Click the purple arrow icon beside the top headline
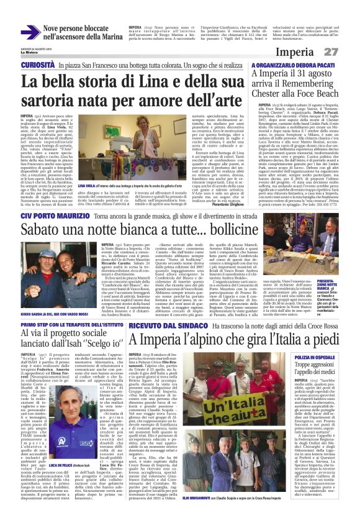tap(30, 32)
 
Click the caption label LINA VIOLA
tap(86, 167)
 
